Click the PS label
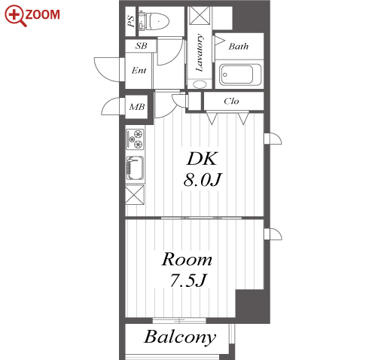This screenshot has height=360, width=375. [x=131, y=21]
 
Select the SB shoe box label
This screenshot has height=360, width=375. [x=141, y=46]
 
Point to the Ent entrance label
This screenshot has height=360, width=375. [x=139, y=70]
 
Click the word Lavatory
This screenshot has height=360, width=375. [x=200, y=53]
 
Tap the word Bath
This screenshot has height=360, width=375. [x=239, y=47]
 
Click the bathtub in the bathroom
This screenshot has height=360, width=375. [x=239, y=75]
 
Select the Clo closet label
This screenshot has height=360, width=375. [x=231, y=101]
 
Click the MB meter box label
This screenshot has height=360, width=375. [x=137, y=107]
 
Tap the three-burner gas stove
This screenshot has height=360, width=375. [x=135, y=139]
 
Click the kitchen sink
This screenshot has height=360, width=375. [x=135, y=168]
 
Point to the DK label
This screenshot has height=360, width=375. [x=201, y=158]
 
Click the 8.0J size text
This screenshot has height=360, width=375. [x=202, y=180]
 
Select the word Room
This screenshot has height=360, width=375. [x=187, y=259]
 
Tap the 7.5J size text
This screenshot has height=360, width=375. [x=188, y=280]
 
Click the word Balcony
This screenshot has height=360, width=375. [x=180, y=337]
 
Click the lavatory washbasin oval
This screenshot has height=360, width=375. [x=200, y=84]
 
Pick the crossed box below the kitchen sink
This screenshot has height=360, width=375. [x=135, y=194]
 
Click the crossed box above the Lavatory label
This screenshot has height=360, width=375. [x=200, y=16]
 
